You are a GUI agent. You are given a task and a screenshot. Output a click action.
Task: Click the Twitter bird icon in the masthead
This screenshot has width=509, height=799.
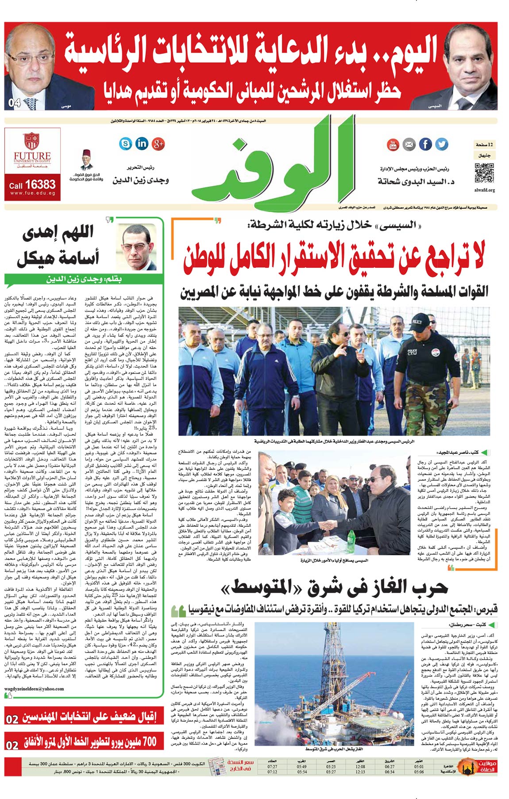pos(441,144)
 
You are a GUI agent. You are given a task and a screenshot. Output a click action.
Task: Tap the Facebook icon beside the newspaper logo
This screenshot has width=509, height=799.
pos(425,144)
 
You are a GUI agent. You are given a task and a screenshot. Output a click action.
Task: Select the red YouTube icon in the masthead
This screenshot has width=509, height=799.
pos(393,145)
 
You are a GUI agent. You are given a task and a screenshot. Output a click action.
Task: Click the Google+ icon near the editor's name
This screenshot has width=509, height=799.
pos(158,144)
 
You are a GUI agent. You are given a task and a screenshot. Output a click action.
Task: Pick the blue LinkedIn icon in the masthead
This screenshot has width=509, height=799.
pos(142,144)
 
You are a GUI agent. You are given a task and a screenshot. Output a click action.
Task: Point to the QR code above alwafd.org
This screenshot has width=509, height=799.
pos(484,173)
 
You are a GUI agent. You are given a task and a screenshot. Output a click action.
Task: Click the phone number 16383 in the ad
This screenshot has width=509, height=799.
pos(40,184)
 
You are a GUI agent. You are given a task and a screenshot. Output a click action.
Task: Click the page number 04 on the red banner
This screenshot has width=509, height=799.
pos(15,103)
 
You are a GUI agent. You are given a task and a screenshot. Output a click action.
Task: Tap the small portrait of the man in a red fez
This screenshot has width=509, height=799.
pos(87,160)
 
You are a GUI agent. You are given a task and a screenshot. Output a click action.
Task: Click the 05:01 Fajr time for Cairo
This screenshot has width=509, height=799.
pos(419,767)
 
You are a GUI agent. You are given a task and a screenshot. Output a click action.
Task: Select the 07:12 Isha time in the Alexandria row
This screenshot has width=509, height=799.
pos(273,772)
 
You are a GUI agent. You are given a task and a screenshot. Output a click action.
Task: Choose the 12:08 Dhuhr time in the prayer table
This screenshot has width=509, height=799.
pos(360,767)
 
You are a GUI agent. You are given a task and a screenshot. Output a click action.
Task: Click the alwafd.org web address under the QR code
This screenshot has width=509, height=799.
pos(484,190)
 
